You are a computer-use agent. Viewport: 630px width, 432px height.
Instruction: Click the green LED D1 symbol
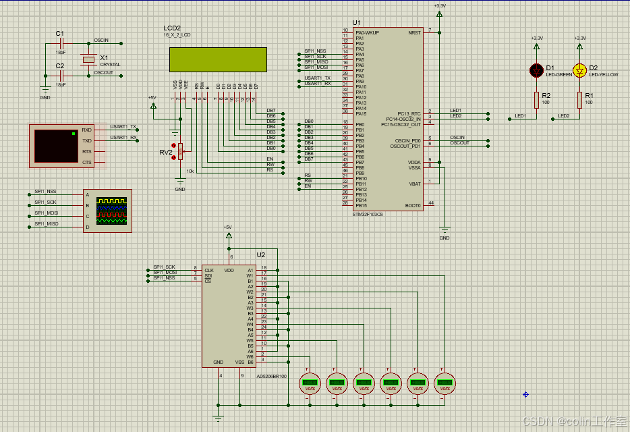537,70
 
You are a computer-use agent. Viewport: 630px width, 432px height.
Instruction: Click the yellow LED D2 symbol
579,70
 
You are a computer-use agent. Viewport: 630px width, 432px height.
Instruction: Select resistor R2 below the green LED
537,100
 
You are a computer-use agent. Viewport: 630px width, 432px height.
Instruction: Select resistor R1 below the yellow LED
579,100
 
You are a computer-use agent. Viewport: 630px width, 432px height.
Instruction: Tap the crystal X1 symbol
88,59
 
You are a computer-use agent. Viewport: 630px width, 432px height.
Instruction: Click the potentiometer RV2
181,153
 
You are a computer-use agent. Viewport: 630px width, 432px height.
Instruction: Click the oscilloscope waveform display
111,211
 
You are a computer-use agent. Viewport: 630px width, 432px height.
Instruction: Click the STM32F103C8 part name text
368,214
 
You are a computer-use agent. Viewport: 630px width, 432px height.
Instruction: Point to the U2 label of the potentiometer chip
261,255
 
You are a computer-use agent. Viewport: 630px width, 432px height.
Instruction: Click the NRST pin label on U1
414,32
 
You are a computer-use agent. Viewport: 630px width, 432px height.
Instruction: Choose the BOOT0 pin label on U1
413,205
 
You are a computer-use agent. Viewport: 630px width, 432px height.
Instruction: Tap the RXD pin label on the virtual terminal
86,130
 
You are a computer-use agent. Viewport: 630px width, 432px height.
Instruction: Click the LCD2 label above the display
172,28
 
